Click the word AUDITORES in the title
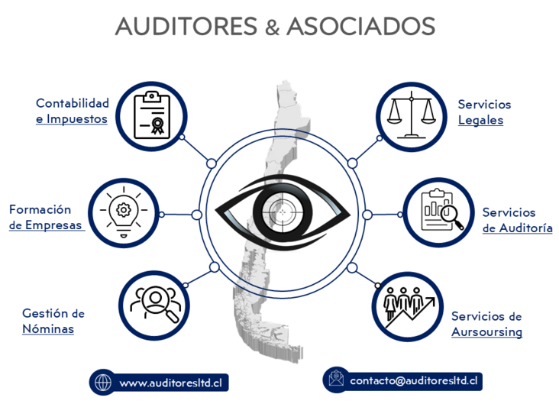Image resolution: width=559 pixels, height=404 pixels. (186, 26)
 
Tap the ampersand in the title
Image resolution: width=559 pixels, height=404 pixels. (273, 27)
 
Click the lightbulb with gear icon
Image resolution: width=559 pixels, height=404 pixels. (122, 211)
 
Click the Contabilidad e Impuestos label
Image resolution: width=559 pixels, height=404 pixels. (73, 111)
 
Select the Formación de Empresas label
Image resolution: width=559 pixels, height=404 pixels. (45, 217)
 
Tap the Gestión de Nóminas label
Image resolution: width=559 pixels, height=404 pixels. (53, 321)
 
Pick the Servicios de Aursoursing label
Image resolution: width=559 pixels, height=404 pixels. (486, 324)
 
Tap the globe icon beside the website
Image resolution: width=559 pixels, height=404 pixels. (103, 382)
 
